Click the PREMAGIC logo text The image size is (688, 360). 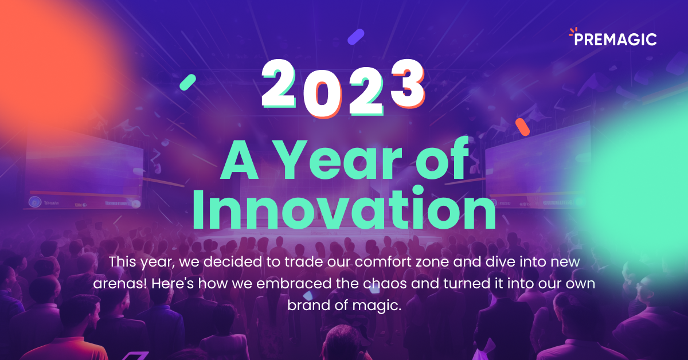click(x=616, y=39)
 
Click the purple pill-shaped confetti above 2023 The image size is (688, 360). click(x=356, y=36)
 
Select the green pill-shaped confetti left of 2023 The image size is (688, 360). click(x=187, y=82)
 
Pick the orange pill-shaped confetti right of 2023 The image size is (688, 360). click(x=522, y=127)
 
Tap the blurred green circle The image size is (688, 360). click(x=636, y=166)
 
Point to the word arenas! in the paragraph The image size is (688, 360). click(x=113, y=284)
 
